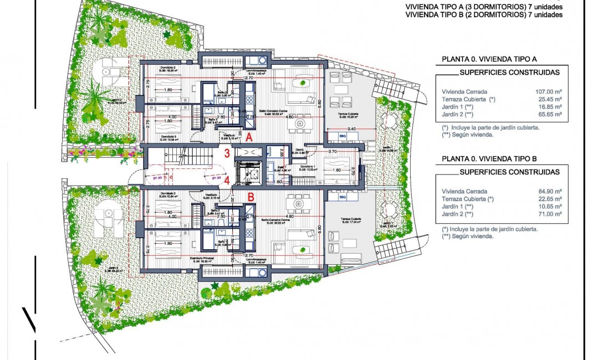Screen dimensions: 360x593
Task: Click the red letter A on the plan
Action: pyautogui.click(x=250, y=136)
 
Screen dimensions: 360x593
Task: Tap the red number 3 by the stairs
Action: pyautogui.click(x=227, y=154)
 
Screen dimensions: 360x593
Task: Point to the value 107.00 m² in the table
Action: pyautogui.click(x=550, y=91)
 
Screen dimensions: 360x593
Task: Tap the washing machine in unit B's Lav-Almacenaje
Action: pyautogui.click(x=258, y=271)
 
